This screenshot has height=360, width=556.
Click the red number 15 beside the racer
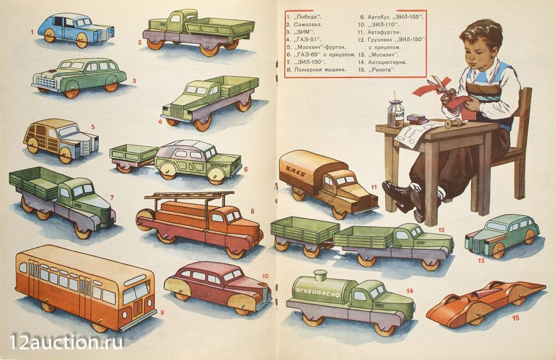(x=515, y=318)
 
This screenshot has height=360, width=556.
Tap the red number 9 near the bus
(x=162, y=313)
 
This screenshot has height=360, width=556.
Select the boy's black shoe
(x=398, y=196)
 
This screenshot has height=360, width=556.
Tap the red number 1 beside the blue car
(x=32, y=32)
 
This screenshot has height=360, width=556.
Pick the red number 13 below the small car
(x=481, y=260)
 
